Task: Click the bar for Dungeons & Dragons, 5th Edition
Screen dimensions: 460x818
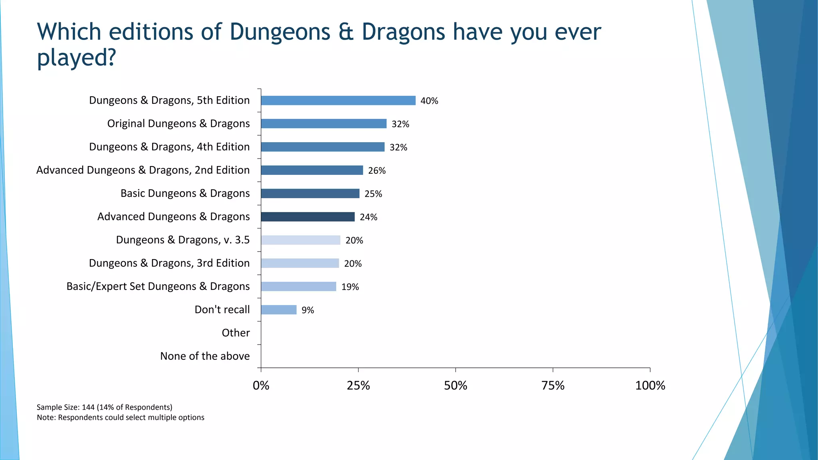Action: pyautogui.click(x=338, y=101)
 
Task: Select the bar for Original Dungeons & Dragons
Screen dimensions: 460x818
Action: pyautogui.click(x=324, y=124)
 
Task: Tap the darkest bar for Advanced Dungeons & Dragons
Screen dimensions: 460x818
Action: pyautogui.click(x=308, y=217)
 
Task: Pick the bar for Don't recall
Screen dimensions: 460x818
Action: pyautogui.click(x=278, y=310)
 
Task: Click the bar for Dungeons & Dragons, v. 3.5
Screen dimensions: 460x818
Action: pyautogui.click(x=300, y=240)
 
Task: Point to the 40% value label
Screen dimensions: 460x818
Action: pyautogui.click(x=429, y=101)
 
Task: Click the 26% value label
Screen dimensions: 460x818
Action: pyautogui.click(x=377, y=171)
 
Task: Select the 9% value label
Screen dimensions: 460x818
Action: pyautogui.click(x=308, y=310)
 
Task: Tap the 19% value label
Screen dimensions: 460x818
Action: pyautogui.click(x=350, y=287)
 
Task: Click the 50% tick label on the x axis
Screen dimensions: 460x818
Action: pyautogui.click(x=455, y=386)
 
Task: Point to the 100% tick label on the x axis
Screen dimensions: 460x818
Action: pyautogui.click(x=650, y=386)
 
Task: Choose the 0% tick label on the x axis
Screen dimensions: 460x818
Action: pyautogui.click(x=261, y=386)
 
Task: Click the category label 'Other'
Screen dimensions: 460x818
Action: pyautogui.click(x=236, y=333)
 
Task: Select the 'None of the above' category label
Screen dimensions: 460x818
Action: pyautogui.click(x=205, y=356)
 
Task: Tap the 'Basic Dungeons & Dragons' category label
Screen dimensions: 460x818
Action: pyautogui.click(x=185, y=193)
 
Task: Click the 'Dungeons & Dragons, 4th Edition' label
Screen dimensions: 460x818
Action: pyautogui.click(x=169, y=147)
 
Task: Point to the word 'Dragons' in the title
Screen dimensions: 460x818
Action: pyautogui.click(x=403, y=32)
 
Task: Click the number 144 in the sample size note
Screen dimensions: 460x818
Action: pyautogui.click(x=88, y=407)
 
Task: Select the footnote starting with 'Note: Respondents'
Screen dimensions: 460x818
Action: pyautogui.click(x=120, y=418)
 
